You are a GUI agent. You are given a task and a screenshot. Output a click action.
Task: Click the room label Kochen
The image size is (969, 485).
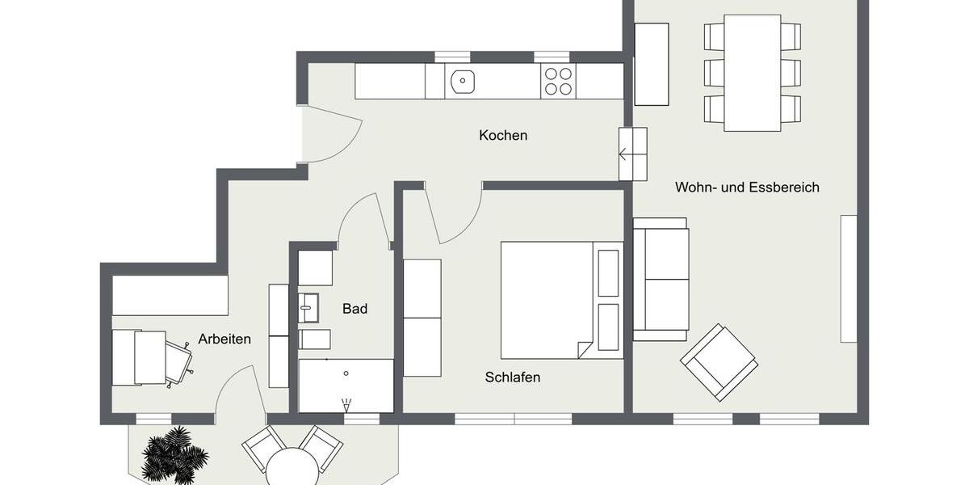tap(503, 136)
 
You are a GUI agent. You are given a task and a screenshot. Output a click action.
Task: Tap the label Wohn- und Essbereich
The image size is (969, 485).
tap(747, 188)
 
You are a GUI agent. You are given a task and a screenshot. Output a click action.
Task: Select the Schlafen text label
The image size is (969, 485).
tap(513, 377)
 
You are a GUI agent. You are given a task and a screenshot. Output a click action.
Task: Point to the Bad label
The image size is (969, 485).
tap(354, 309)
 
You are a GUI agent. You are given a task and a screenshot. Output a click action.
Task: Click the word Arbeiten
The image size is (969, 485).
tap(224, 339)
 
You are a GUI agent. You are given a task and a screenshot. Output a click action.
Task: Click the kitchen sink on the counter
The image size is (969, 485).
tap(463, 80)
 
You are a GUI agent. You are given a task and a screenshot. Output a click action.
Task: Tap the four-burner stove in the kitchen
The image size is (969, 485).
tap(558, 80)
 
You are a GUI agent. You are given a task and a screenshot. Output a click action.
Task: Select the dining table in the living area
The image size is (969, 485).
tap(752, 73)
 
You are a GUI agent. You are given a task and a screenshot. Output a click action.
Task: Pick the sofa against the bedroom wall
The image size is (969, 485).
tap(661, 279)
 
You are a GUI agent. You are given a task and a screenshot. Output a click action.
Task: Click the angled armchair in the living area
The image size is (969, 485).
tap(719, 362)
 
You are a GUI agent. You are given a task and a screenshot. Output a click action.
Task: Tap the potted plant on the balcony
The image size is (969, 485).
tap(174, 454)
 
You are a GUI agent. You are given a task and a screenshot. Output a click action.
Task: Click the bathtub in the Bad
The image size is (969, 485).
tap(346, 386)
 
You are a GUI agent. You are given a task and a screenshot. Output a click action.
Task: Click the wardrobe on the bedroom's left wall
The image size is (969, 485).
tap(422, 318)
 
